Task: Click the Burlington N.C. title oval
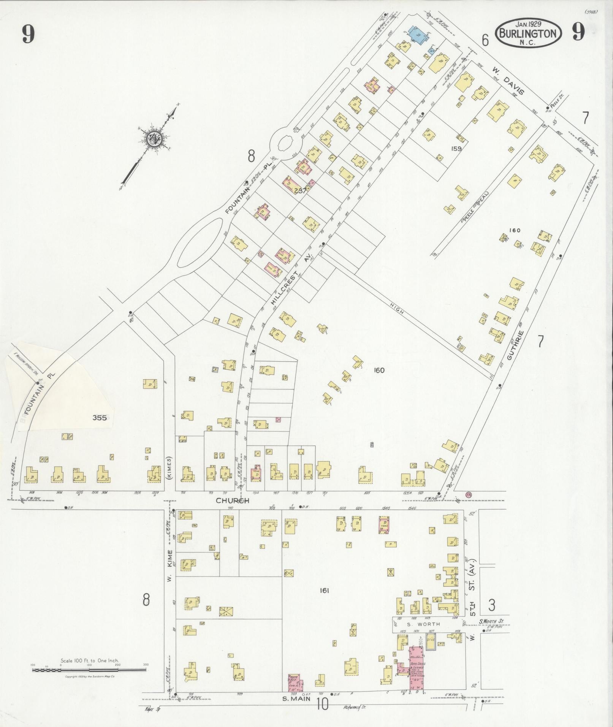coord(528,33)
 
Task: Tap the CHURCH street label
coord(232,501)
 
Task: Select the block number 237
coord(300,191)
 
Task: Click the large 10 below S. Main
coord(322,705)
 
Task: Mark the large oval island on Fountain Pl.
coord(198,243)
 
